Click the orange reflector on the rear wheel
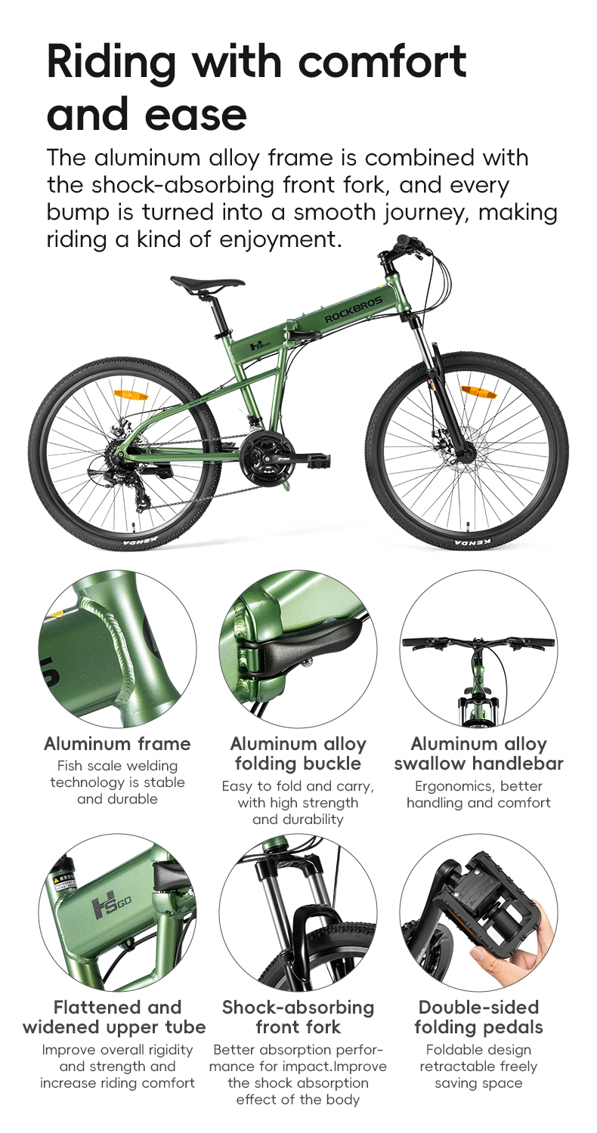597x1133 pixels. [131, 395]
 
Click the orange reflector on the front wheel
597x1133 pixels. [478, 391]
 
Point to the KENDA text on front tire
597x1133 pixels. [473, 542]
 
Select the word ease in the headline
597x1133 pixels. [194, 115]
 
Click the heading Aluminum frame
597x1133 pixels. [117, 744]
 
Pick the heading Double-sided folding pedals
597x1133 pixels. [478, 1017]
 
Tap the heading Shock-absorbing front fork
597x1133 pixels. [298, 1017]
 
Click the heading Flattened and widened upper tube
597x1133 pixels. [117, 1017]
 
